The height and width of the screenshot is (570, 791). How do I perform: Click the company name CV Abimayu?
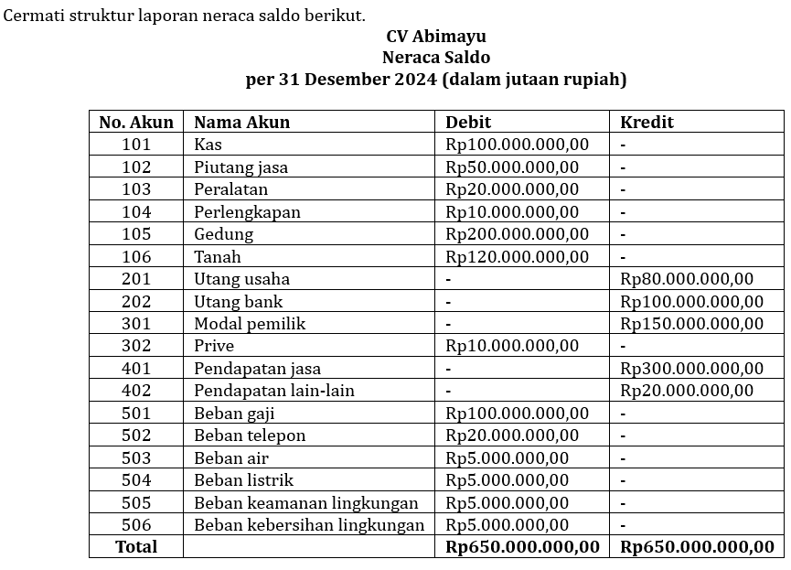[435, 37]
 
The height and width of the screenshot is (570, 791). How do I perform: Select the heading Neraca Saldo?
[435, 58]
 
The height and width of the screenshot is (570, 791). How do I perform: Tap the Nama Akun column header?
[241, 122]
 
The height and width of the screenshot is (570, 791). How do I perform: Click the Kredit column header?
[647, 122]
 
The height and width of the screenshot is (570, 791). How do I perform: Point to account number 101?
[136, 145]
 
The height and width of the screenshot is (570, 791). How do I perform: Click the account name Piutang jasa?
[241, 167]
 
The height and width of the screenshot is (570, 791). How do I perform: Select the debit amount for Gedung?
[517, 234]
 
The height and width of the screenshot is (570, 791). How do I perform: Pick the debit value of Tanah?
[517, 257]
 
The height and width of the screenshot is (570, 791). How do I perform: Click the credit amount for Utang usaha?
[687, 279]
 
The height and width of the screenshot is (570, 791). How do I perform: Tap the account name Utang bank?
[238, 302]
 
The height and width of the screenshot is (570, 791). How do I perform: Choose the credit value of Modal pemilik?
[691, 324]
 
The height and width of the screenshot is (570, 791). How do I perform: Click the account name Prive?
[214, 346]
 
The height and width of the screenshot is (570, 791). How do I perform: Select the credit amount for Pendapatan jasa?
[691, 369]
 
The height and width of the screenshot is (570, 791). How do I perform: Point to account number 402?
[136, 391]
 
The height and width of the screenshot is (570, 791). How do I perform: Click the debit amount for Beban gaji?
[517, 414]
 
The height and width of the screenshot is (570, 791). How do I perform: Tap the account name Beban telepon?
[250, 436]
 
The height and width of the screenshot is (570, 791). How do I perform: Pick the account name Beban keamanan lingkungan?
[305, 503]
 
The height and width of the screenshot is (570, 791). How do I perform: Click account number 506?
[136, 525]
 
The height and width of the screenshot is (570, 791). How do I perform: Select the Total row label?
[136, 547]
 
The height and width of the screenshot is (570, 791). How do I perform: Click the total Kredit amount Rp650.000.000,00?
[697, 547]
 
